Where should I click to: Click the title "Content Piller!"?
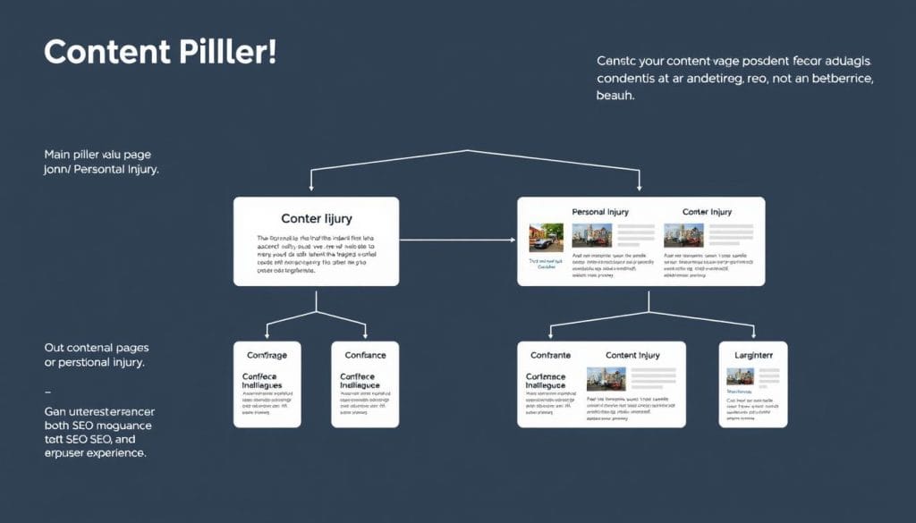(x=160, y=52)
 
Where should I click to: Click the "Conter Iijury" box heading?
(x=316, y=217)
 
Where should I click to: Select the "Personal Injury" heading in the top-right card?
(x=599, y=212)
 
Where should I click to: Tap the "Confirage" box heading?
(x=267, y=355)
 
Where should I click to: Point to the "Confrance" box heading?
(x=364, y=355)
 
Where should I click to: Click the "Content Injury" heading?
(x=632, y=355)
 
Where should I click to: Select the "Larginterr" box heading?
(x=753, y=355)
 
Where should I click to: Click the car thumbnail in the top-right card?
(x=545, y=236)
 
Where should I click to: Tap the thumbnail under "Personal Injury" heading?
(x=591, y=236)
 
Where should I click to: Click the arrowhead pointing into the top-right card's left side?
(x=513, y=240)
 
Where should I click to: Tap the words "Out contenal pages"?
(x=97, y=347)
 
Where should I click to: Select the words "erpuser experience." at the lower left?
(x=94, y=453)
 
